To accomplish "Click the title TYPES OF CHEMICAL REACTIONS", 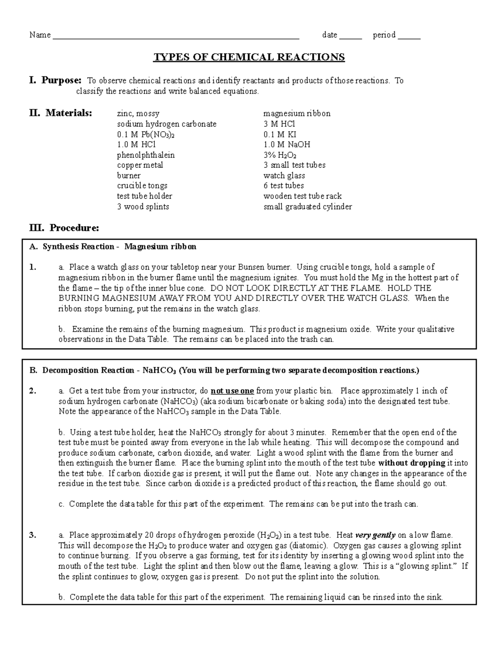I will coord(249,57).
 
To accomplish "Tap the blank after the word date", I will coord(351,36).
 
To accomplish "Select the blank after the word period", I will coord(409,36).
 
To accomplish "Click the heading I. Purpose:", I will coord(56,80).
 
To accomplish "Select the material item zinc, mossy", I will coord(138,113).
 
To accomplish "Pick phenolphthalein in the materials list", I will coord(146,155).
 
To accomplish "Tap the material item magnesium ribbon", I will coord(297,113).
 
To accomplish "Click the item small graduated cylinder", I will coord(308,206).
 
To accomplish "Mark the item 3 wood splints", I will coord(143,206).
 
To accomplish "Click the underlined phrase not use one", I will coord(232,391).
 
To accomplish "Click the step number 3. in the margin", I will coord(33,535).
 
